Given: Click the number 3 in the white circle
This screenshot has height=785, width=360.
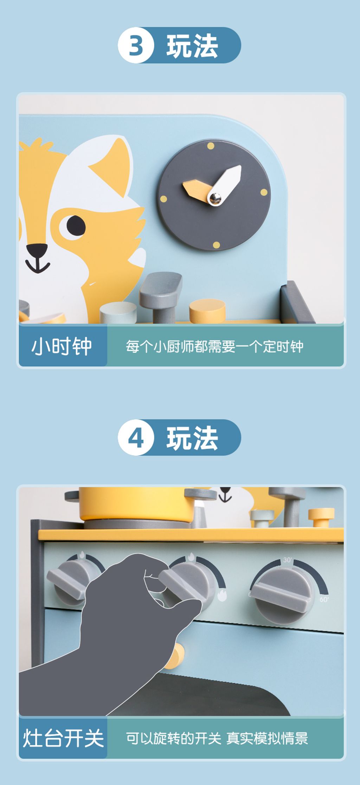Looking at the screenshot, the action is (136, 46).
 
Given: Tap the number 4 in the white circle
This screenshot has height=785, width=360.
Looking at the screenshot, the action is (136, 438).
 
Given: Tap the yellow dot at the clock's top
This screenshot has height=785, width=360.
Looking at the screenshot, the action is (211, 146).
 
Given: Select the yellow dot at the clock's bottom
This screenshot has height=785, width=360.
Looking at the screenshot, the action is (217, 245).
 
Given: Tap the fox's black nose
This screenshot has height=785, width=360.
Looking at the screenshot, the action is (37, 251).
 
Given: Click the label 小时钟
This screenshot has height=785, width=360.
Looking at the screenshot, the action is (62, 346).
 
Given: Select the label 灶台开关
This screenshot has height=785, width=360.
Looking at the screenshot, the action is (63, 738).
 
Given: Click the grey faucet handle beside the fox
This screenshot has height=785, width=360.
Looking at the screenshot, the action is (161, 297).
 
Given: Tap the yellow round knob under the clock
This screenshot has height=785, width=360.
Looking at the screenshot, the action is (207, 310).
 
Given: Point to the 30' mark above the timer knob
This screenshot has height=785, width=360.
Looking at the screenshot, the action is (288, 560).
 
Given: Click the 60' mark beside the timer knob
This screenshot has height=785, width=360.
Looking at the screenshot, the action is (324, 599).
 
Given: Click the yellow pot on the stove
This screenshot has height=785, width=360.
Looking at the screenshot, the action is (137, 504).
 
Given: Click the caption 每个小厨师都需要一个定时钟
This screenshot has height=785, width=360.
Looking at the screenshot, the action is (215, 347).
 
